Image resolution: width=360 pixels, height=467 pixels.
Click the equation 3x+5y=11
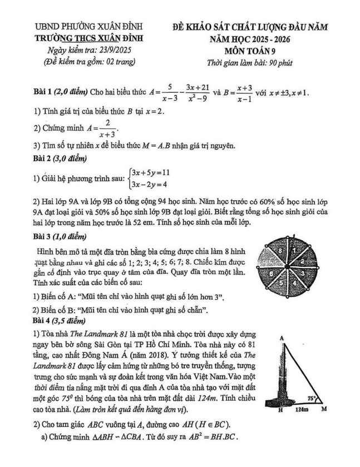pyautogui.click(x=150, y=173)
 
